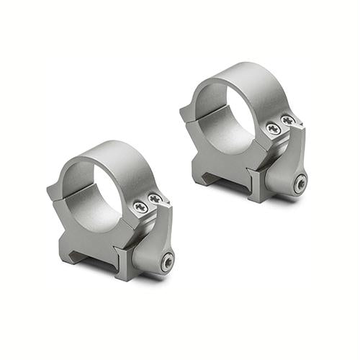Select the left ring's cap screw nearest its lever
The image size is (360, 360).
coord(154,198)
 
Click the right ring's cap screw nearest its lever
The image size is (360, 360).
coord(287,120)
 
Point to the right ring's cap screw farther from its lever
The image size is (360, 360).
coord(274,128)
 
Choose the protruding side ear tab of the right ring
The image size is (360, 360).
coord(186,112)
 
